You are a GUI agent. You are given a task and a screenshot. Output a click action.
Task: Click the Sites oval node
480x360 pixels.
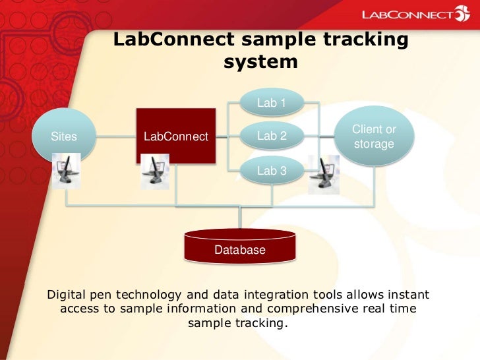[64, 136]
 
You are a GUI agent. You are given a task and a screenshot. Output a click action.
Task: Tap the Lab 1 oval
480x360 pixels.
[271, 103]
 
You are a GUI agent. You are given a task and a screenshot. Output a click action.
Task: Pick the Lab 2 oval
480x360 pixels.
[271, 136]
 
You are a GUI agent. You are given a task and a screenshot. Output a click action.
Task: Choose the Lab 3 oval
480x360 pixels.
[271, 170]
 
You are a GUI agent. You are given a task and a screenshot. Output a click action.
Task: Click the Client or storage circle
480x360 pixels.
[374, 136]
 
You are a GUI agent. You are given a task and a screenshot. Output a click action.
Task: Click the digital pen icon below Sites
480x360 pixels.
[66, 171]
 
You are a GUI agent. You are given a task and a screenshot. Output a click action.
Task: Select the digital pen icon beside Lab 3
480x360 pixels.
[324, 174]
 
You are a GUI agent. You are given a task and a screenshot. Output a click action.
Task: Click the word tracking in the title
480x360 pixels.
[366, 40]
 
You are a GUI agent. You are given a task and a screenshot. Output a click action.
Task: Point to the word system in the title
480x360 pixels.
[260, 62]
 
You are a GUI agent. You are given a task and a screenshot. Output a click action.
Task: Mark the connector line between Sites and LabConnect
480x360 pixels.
[116, 137]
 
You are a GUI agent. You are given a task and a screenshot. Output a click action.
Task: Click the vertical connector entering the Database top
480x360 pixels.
[240, 217]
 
